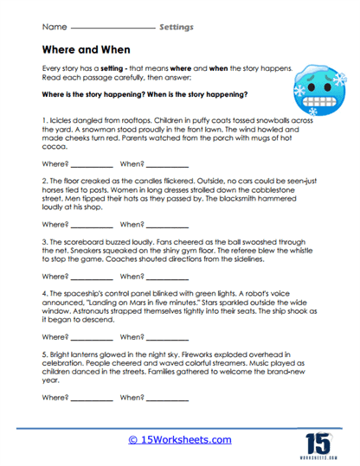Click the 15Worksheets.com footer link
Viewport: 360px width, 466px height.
[179, 439]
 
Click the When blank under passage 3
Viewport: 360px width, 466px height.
[167, 278]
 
